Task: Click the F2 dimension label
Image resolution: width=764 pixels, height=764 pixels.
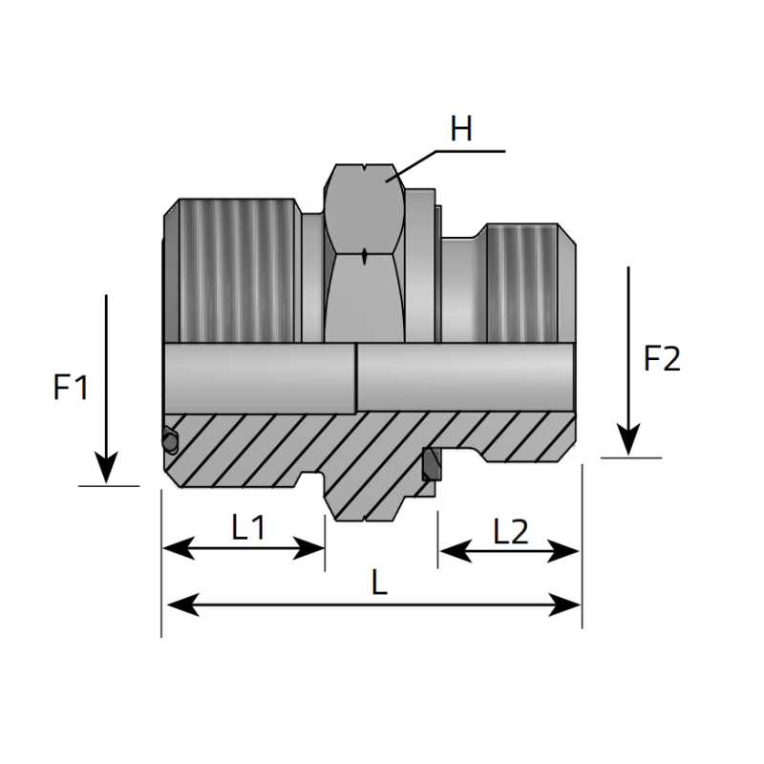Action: coord(662,358)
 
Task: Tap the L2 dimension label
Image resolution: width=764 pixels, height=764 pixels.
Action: coord(511,531)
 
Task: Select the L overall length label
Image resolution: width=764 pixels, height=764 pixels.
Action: coord(379,584)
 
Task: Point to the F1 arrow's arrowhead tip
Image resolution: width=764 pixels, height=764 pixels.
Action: coord(106,480)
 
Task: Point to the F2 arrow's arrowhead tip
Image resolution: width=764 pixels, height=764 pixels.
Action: coord(628,451)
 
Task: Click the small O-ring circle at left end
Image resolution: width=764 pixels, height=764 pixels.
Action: coord(170,440)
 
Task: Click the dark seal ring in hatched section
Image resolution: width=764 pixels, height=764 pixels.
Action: coord(431,464)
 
